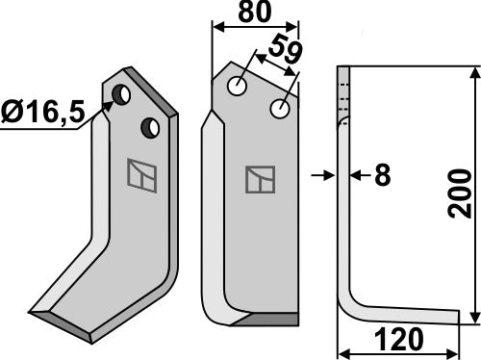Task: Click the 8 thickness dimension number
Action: [383, 175]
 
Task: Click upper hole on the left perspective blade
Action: [123, 94]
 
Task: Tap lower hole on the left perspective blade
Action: [149, 126]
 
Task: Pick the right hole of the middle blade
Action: [280, 109]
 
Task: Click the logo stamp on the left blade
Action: [139, 174]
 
